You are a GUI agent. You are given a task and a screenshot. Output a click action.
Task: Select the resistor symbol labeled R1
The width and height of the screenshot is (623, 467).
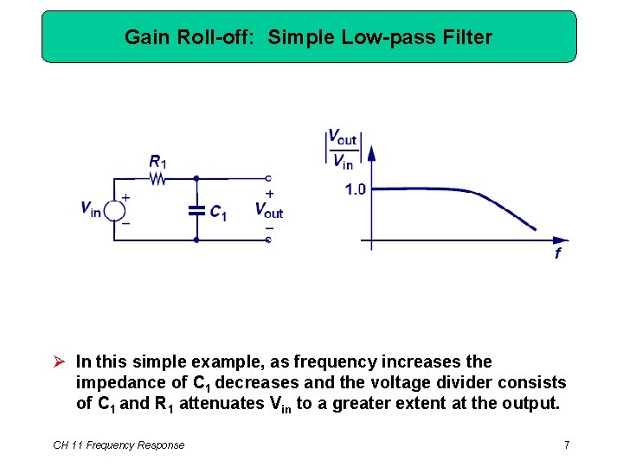click(157, 179)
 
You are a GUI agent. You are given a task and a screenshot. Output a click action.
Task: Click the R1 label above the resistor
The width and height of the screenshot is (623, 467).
click(157, 161)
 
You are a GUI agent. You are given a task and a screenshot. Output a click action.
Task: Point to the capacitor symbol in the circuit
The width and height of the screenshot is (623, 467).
click(196, 209)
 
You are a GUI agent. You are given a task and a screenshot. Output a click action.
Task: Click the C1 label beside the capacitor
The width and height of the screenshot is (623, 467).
click(218, 213)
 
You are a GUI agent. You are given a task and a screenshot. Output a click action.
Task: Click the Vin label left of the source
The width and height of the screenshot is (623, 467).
click(90, 208)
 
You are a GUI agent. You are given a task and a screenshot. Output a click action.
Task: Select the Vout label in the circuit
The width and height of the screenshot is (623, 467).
click(268, 209)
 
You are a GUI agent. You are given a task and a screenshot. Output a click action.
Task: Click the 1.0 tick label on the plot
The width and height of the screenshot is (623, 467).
click(356, 189)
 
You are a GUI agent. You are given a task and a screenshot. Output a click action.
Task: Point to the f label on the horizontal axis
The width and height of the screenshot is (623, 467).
click(557, 253)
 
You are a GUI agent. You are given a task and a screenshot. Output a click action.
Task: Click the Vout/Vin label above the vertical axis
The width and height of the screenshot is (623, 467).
click(342, 149)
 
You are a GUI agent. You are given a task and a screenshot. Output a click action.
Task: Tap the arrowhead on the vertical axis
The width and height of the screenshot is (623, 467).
click(372, 153)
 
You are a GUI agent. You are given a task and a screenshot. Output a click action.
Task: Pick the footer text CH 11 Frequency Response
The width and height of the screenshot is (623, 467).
click(119, 445)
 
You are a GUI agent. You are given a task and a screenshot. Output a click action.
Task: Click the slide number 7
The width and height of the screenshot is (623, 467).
click(566, 445)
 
